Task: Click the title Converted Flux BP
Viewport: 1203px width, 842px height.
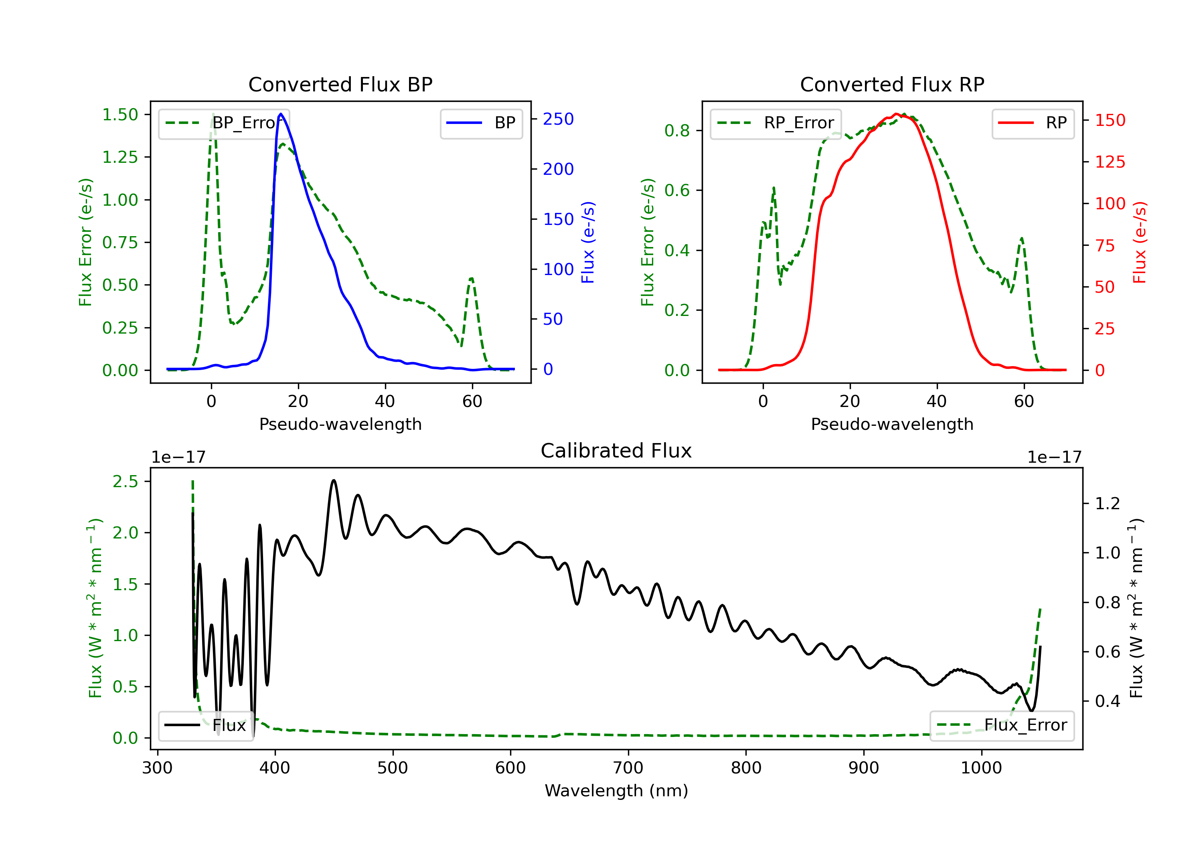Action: pyautogui.click(x=340, y=84)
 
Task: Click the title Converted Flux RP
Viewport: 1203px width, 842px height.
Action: pyautogui.click(x=892, y=84)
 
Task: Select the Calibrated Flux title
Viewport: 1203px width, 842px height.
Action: pyautogui.click(x=616, y=451)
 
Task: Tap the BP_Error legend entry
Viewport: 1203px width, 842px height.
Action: pyautogui.click(x=224, y=123)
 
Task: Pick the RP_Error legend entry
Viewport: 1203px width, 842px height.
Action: pyautogui.click(x=776, y=123)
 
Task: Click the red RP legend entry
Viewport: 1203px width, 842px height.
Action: pyautogui.click(x=1033, y=123)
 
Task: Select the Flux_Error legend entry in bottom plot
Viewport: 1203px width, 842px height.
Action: pyautogui.click(x=1002, y=725)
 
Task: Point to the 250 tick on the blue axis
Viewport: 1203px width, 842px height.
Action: pyautogui.click(x=558, y=119)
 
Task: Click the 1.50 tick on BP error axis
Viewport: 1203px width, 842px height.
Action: pyautogui.click(x=120, y=114)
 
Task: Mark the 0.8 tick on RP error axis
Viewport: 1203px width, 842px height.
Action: pyautogui.click(x=677, y=130)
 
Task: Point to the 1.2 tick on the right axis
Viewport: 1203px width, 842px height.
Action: pyautogui.click(x=1108, y=504)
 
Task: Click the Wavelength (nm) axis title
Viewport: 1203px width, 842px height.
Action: pyautogui.click(x=616, y=791)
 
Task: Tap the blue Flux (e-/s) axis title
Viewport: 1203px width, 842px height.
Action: pyautogui.click(x=588, y=243)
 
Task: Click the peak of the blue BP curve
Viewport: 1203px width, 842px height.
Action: pyautogui.click(x=281, y=114)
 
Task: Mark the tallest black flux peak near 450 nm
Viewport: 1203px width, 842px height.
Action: pyautogui.click(x=334, y=480)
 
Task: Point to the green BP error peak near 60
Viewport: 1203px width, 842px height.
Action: pyautogui.click(x=472, y=279)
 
